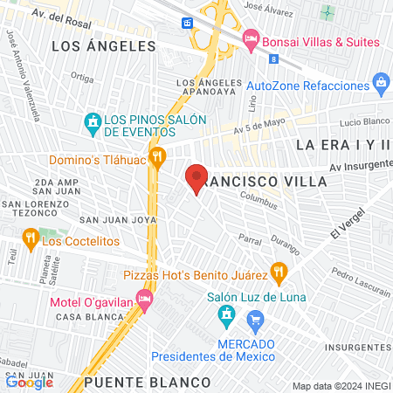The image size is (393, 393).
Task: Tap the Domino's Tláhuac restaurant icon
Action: click(157, 157)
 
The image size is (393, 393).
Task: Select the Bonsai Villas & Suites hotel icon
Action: click(251, 39)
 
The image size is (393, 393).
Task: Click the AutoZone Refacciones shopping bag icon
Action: click(380, 85)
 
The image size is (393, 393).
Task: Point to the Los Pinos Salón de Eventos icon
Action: click(92, 121)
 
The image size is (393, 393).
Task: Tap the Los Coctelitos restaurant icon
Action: click(29, 237)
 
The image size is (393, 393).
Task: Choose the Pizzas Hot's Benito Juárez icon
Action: click(279, 272)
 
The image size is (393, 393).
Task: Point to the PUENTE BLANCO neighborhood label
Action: click(148, 383)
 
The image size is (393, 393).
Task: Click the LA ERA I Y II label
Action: click(344, 143)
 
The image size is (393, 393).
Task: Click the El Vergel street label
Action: click(345, 233)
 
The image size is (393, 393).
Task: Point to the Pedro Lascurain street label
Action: click(354, 281)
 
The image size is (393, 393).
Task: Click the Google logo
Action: click(29, 381)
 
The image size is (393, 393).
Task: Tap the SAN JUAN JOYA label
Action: click(118, 219)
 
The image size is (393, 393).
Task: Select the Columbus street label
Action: click(259, 202)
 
